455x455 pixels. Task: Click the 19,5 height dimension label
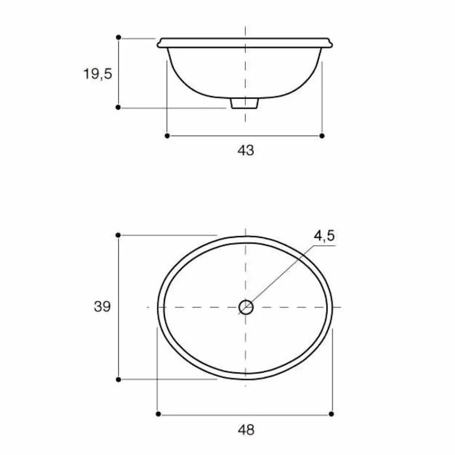click(x=97, y=74)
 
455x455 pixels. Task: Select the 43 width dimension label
click(x=246, y=150)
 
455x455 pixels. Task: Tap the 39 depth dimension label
click(x=102, y=307)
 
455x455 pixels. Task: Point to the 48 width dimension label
click(x=246, y=430)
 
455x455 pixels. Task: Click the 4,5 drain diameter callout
click(x=324, y=236)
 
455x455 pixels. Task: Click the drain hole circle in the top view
click(x=246, y=307)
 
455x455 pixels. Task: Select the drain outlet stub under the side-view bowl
click(x=245, y=103)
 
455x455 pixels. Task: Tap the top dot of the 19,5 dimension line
click(x=118, y=37)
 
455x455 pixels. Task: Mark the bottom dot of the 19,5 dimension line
click(x=118, y=108)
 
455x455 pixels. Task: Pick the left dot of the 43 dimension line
click(x=167, y=136)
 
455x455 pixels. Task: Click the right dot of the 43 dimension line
click(x=322, y=136)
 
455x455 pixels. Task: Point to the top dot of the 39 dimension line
click(x=118, y=235)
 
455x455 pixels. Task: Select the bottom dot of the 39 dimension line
click(x=118, y=379)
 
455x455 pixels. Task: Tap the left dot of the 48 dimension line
click(x=158, y=413)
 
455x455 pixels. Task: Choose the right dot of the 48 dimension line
click(x=332, y=413)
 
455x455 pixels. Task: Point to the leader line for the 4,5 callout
click(x=283, y=273)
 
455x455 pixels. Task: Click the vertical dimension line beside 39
click(x=118, y=335)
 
